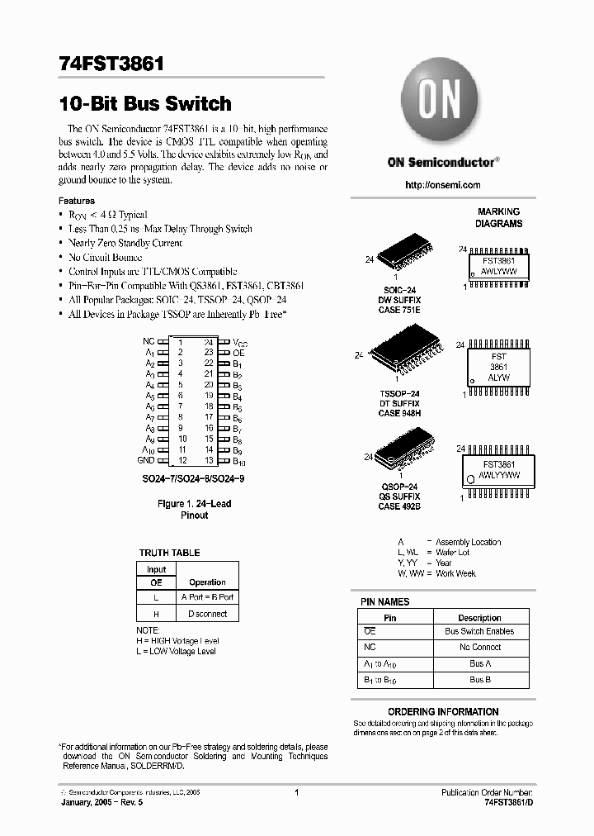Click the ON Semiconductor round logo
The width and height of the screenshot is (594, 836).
pyautogui.click(x=441, y=101)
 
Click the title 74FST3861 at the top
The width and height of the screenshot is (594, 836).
pyautogui.click(x=111, y=64)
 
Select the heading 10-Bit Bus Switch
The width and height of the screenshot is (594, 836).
pyautogui.click(x=145, y=104)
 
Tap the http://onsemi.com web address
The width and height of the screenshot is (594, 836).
pyautogui.click(x=443, y=185)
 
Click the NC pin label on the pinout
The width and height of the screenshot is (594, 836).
pyautogui.click(x=148, y=341)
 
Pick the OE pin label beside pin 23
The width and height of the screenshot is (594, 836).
pyautogui.click(x=238, y=353)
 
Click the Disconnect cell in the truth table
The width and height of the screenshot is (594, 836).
pyautogui.click(x=207, y=614)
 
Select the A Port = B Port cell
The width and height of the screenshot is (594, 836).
pyautogui.click(x=207, y=596)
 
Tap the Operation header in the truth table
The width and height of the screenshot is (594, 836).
pyautogui.click(x=207, y=582)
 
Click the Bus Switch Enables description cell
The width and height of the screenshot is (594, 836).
pyautogui.click(x=479, y=631)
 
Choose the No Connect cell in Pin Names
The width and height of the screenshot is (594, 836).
pyautogui.click(x=479, y=648)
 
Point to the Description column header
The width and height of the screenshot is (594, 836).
pyautogui.click(x=479, y=617)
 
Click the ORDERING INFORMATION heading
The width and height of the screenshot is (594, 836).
pyautogui.click(x=443, y=711)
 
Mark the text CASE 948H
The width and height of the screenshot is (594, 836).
pyautogui.click(x=399, y=413)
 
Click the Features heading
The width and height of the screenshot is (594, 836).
pyautogui.click(x=77, y=201)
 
